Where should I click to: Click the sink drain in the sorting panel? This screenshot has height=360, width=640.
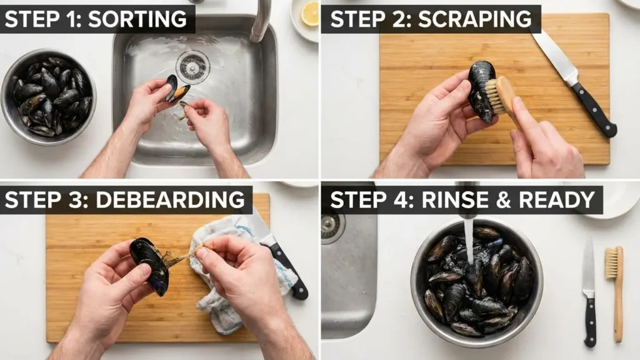(192, 66)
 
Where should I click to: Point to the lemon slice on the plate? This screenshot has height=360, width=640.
(310, 14)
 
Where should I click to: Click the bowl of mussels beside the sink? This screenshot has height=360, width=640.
(48, 97)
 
